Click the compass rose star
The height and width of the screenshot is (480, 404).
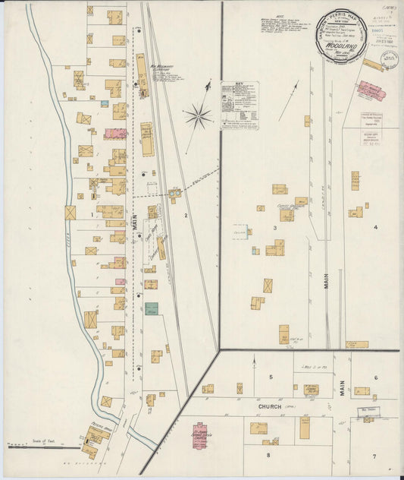pos(196,116)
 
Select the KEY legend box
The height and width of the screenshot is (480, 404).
pos(239,106)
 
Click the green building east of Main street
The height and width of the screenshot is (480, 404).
pos(152,309)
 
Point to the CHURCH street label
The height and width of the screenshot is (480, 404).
pos(268,406)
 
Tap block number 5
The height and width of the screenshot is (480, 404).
pos(269,377)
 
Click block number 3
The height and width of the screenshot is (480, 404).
pos(276,226)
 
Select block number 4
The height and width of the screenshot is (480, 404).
pos(374,226)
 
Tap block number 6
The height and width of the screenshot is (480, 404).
pos(374,377)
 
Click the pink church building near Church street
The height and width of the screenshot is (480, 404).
pos(199,436)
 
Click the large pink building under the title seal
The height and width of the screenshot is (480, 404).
pos(371,90)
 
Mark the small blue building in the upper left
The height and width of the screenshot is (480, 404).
pos(104,103)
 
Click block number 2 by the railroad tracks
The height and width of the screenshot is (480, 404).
pos(184,215)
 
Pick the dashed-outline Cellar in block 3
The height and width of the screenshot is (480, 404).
pos(241,230)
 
